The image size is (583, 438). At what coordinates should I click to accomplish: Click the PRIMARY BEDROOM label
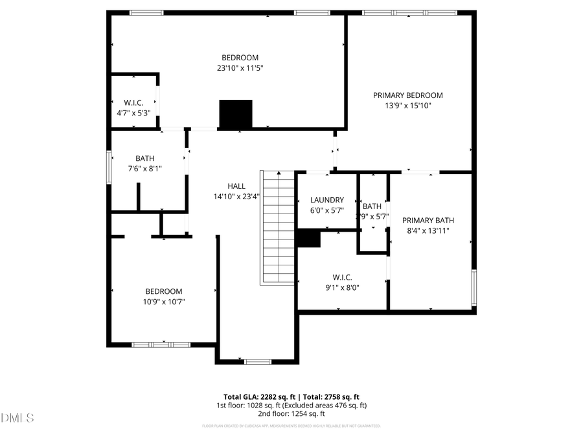[x=408, y=95]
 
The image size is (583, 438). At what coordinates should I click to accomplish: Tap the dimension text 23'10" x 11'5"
[x=240, y=67]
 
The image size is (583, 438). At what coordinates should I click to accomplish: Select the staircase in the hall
[x=279, y=227]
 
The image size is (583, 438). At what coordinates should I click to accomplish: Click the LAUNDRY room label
[x=327, y=200]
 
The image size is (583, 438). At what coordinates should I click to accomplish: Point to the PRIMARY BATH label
[x=428, y=220]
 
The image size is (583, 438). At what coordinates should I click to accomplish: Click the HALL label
[x=236, y=186]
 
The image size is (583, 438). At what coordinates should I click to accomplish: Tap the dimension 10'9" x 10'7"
[x=163, y=302]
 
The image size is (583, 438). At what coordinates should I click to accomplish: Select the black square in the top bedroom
[x=235, y=114]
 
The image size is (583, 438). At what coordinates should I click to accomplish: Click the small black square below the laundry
[x=308, y=239]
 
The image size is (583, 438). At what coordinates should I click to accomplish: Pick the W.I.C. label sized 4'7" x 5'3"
[x=133, y=103]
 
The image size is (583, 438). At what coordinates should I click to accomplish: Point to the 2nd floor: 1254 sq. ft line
[x=291, y=413]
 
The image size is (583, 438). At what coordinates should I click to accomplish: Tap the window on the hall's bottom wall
[x=257, y=361]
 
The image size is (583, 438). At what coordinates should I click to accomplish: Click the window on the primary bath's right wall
[x=474, y=287]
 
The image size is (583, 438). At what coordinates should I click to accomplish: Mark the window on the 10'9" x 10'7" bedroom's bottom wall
[x=161, y=345]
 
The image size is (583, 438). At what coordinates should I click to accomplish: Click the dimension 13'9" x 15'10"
[x=408, y=105]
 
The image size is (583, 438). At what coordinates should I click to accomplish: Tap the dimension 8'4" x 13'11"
[x=428, y=230]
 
